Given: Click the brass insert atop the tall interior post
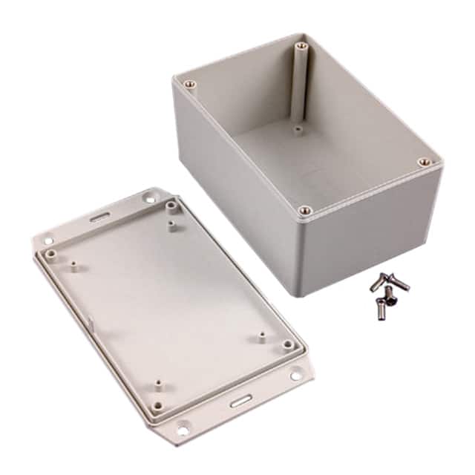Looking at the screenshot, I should [x=301, y=47].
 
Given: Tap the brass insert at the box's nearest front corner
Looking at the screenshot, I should [x=304, y=211].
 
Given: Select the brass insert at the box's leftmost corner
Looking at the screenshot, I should [x=189, y=84].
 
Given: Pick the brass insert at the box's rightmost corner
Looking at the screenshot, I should [x=423, y=161].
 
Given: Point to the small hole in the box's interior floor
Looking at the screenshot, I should [x=298, y=128].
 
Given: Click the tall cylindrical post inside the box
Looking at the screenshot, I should [x=300, y=85].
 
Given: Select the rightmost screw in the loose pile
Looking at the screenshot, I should [x=401, y=283].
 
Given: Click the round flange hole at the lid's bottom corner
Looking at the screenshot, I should [x=180, y=427].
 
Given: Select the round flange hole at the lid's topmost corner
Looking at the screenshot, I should [x=149, y=198].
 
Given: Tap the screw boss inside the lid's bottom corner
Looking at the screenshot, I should [x=158, y=407].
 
